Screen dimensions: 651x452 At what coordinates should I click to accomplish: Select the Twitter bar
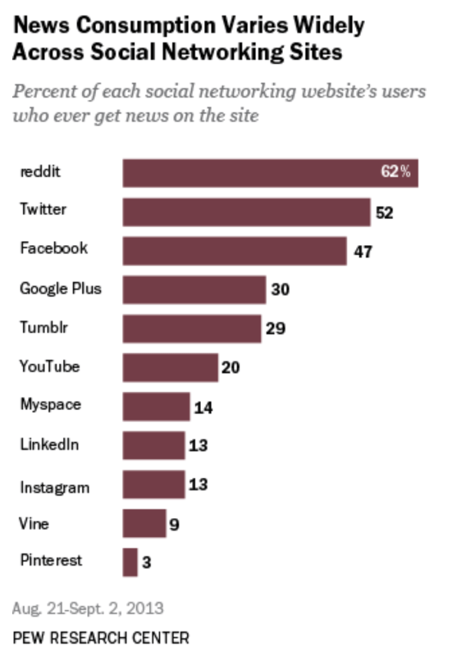click(x=246, y=212)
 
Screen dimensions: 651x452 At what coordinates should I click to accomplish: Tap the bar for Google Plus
click(x=194, y=290)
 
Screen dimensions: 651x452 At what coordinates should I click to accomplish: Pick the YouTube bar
click(x=170, y=367)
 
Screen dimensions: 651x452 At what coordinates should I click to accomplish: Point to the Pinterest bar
click(x=130, y=562)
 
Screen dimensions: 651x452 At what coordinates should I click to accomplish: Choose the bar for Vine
click(x=144, y=523)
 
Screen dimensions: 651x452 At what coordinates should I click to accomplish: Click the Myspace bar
click(x=156, y=407)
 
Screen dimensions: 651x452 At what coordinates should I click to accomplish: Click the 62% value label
click(x=395, y=172)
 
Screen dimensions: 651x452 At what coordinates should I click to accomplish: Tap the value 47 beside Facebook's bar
click(x=362, y=251)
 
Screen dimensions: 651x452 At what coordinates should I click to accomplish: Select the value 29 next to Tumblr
click(x=275, y=329)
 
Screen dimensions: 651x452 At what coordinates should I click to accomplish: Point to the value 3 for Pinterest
click(x=146, y=563)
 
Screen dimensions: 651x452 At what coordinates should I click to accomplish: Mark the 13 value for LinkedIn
click(x=198, y=445)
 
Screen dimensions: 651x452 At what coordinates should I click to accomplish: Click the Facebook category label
click(x=53, y=248)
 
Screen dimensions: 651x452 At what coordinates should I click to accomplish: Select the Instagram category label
click(x=55, y=488)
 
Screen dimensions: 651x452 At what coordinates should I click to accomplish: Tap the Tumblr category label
click(x=44, y=328)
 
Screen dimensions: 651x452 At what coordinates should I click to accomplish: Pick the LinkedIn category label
click(x=50, y=444)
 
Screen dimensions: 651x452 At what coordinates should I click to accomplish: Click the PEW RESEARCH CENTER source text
click(x=100, y=637)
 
